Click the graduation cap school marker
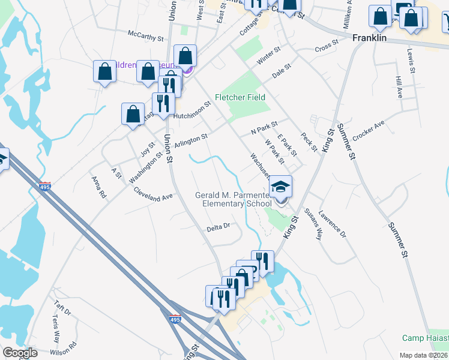[x=280, y=187]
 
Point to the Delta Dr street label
[x=218, y=227]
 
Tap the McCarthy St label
[x=145, y=37]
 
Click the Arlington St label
[x=191, y=141]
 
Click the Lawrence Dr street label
[x=332, y=223]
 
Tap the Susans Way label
[x=313, y=223]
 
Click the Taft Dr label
[x=62, y=312]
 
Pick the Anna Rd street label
[x=98, y=187]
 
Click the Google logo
[x=20, y=353]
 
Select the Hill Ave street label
[x=399, y=88]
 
